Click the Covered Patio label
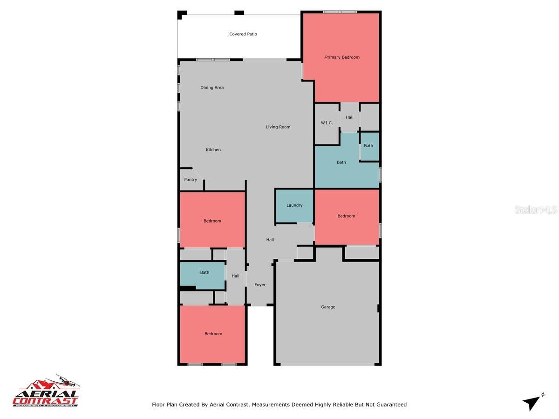click(243, 34)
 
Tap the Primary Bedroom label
click(342, 57)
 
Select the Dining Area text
click(212, 88)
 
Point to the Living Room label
click(278, 127)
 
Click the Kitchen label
click(213, 150)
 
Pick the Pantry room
click(191, 180)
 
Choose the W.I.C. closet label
click(327, 123)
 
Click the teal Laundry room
click(294, 205)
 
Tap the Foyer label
click(260, 285)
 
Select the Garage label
click(328, 307)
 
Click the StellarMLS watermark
click(536, 210)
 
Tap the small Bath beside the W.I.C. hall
click(368, 146)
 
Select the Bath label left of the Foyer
click(205, 273)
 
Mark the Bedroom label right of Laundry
click(346, 216)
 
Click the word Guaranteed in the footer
click(391, 405)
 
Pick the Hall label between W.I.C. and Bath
click(349, 117)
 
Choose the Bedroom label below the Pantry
click(212, 221)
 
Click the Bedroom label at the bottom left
click(213, 334)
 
